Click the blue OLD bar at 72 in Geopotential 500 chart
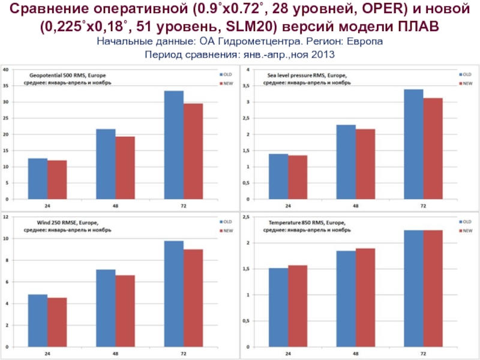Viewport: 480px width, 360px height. point(173,145)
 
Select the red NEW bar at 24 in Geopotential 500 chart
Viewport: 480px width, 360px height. point(57,179)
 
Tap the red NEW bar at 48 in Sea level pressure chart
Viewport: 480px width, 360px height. point(365,164)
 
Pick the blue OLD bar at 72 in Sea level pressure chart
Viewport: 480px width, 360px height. point(413,144)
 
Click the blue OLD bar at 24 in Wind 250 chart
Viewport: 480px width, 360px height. point(38,320)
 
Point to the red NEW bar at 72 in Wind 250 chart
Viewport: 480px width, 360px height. point(193,298)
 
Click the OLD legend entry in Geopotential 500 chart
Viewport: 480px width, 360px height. point(227,74)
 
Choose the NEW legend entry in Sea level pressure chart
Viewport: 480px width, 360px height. point(467,83)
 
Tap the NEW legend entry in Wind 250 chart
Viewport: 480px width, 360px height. point(227,230)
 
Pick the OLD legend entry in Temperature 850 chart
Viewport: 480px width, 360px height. point(467,221)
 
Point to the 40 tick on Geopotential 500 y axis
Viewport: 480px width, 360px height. point(6,70)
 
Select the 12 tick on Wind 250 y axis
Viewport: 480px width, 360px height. point(6,217)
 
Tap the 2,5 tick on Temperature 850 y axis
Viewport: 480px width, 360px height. point(245,217)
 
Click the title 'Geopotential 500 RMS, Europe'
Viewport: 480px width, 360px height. point(67,74)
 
